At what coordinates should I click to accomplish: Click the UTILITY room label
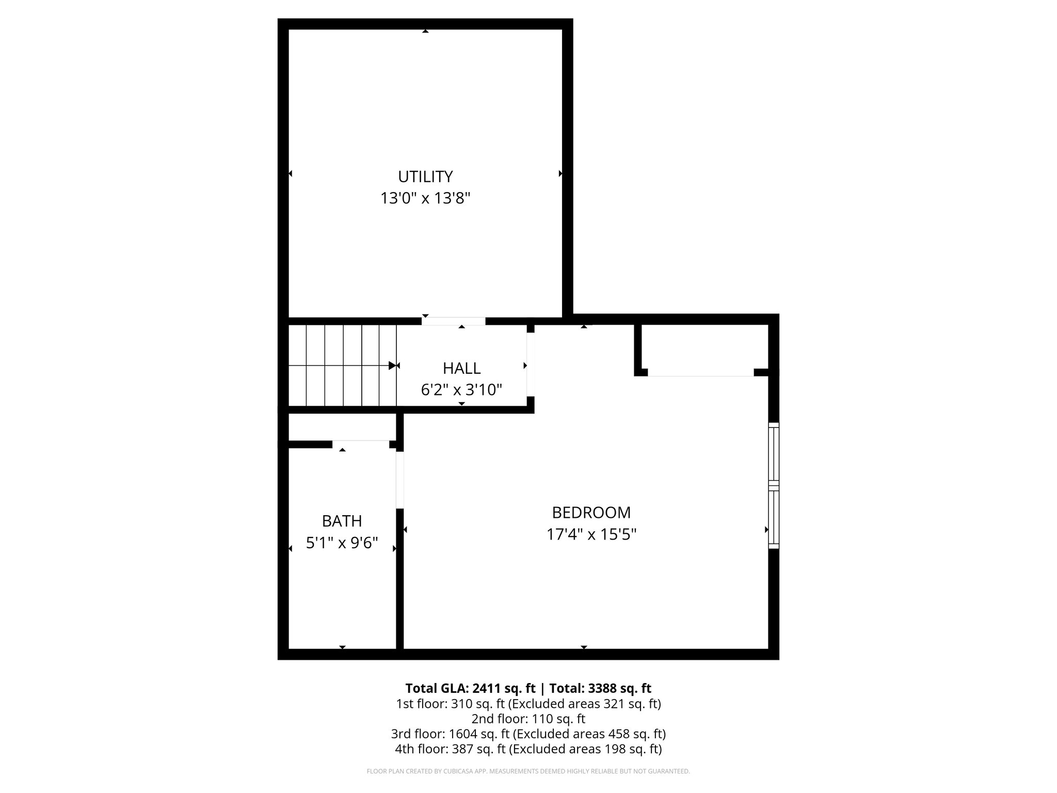click(425, 177)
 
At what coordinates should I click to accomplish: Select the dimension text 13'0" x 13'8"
click(425, 198)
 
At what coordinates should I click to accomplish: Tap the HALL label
click(461, 368)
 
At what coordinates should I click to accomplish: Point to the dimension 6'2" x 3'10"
click(461, 390)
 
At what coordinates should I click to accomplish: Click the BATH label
click(342, 521)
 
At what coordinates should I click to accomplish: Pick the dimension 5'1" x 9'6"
click(342, 543)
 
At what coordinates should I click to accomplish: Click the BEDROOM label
click(591, 512)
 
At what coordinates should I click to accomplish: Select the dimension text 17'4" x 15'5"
click(591, 534)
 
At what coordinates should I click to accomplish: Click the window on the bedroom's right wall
click(773, 485)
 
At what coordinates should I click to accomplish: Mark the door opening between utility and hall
click(453, 321)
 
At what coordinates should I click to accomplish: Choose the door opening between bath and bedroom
click(399, 480)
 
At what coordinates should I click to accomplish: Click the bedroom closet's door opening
click(700, 373)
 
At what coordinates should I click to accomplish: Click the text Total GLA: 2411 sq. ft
click(470, 688)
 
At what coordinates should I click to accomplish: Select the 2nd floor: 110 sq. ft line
click(528, 719)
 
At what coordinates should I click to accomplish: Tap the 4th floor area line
click(528, 749)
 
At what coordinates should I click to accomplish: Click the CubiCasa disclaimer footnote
click(528, 771)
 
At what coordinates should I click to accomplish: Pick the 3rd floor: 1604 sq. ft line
click(528, 734)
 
